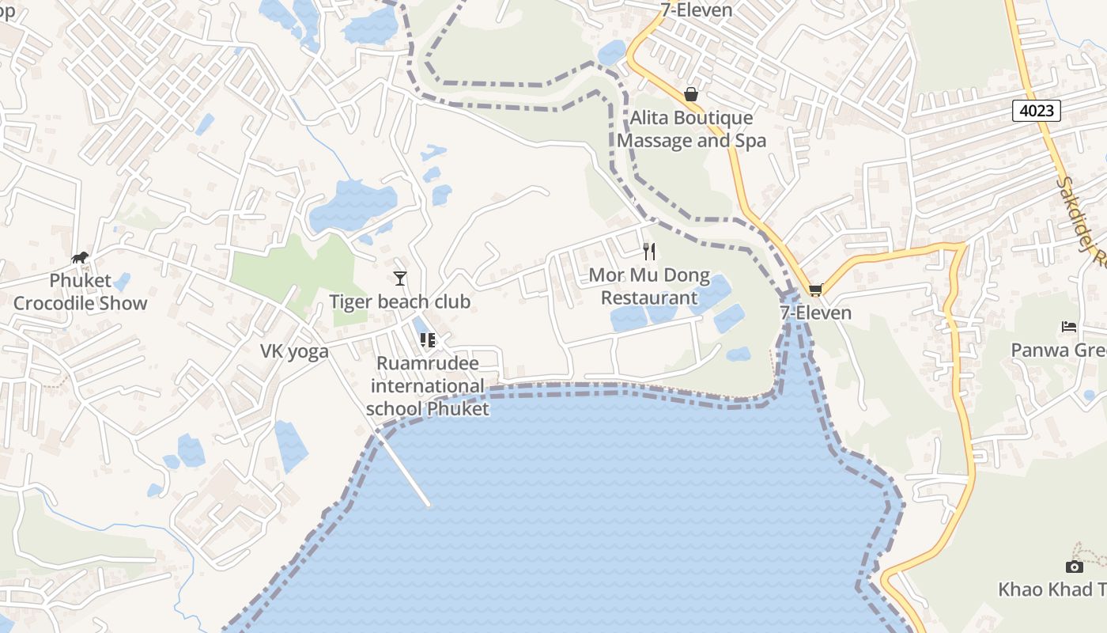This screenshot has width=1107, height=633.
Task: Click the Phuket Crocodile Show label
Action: tap(81, 292)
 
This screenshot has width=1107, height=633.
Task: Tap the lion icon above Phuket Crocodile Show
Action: tap(80, 257)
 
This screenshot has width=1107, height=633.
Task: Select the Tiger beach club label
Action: tap(400, 301)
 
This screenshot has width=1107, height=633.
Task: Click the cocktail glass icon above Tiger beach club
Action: tap(400, 278)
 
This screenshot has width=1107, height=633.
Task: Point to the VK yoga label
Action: tap(295, 351)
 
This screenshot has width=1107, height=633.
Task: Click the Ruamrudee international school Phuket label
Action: tap(428, 386)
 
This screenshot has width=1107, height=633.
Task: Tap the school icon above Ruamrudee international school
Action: tap(428, 340)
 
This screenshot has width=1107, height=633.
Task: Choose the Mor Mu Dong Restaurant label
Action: tap(649, 286)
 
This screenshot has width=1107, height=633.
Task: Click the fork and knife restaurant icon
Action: tap(649, 252)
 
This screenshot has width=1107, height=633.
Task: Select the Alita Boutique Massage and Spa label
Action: tap(692, 130)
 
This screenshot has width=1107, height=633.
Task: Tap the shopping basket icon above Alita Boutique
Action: tap(691, 95)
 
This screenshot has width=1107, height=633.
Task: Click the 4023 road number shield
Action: tap(1036, 111)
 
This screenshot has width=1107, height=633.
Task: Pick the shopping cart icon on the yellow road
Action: tap(815, 290)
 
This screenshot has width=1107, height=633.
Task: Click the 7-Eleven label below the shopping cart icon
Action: tap(815, 313)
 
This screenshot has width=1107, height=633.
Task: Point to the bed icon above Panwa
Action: tap(1069, 326)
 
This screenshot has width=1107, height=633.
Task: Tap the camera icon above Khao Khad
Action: tap(1074, 567)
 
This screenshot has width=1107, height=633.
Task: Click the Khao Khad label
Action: tap(1052, 589)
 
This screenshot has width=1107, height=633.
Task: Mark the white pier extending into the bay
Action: tap(403, 471)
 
